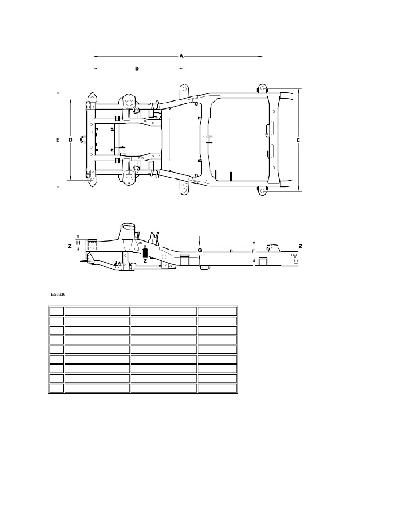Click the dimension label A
[181, 57]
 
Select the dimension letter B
[137, 68]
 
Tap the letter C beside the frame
[298, 140]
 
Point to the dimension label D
[71, 140]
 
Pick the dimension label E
[58, 140]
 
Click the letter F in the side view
[253, 252]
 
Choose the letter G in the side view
[200, 250]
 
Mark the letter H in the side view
[78, 243]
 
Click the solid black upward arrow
[145, 252]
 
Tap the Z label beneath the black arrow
[145, 261]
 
